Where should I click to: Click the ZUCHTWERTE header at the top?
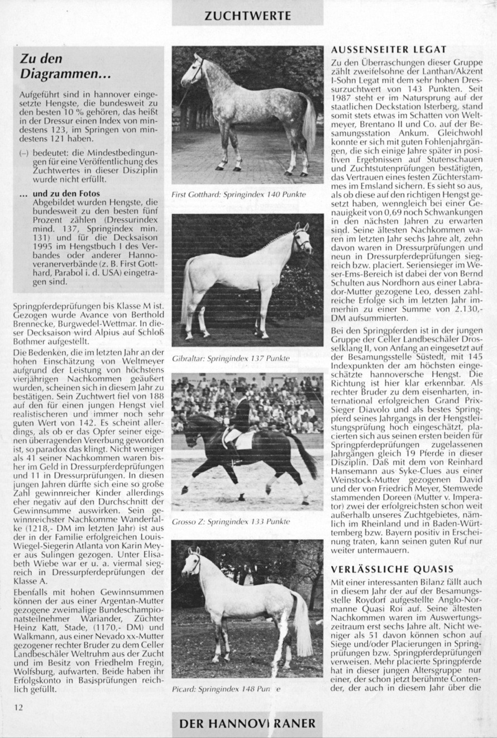pos(247,15)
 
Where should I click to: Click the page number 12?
pos(19,707)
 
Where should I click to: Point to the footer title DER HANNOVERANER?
pos(247,723)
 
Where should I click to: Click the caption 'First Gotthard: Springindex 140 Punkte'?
pos(239,194)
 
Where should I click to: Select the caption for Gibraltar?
pos(231,358)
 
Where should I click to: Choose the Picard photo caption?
pos(226,688)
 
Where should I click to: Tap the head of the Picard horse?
pos(191,561)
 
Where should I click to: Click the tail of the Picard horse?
pos(303,626)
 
